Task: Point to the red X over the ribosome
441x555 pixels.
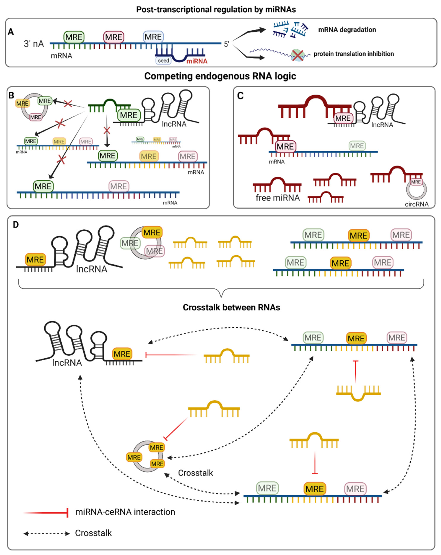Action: pyautogui.click(x=297, y=55)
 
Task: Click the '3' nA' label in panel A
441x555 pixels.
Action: pyautogui.click(x=34, y=44)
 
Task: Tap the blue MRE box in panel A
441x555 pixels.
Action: pyautogui.click(x=153, y=37)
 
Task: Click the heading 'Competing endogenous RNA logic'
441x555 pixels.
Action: pyautogui.click(x=220, y=76)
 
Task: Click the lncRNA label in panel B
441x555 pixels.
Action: pyautogui.click(x=174, y=124)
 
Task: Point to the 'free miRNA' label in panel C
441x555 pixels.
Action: pyautogui.click(x=278, y=198)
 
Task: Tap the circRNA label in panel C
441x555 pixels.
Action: pyautogui.click(x=416, y=204)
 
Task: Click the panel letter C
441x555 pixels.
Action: pyautogui.click(x=240, y=96)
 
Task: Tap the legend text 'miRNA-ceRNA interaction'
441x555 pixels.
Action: pyautogui.click(x=125, y=512)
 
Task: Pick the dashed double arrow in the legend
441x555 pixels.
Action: pyautogui.click(x=46, y=534)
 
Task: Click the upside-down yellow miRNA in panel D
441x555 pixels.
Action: pyautogui.click(x=358, y=393)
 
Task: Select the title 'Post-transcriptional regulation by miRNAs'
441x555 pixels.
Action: pyautogui.click(x=216, y=10)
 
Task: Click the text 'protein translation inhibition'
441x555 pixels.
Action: pyautogui.click(x=353, y=54)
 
